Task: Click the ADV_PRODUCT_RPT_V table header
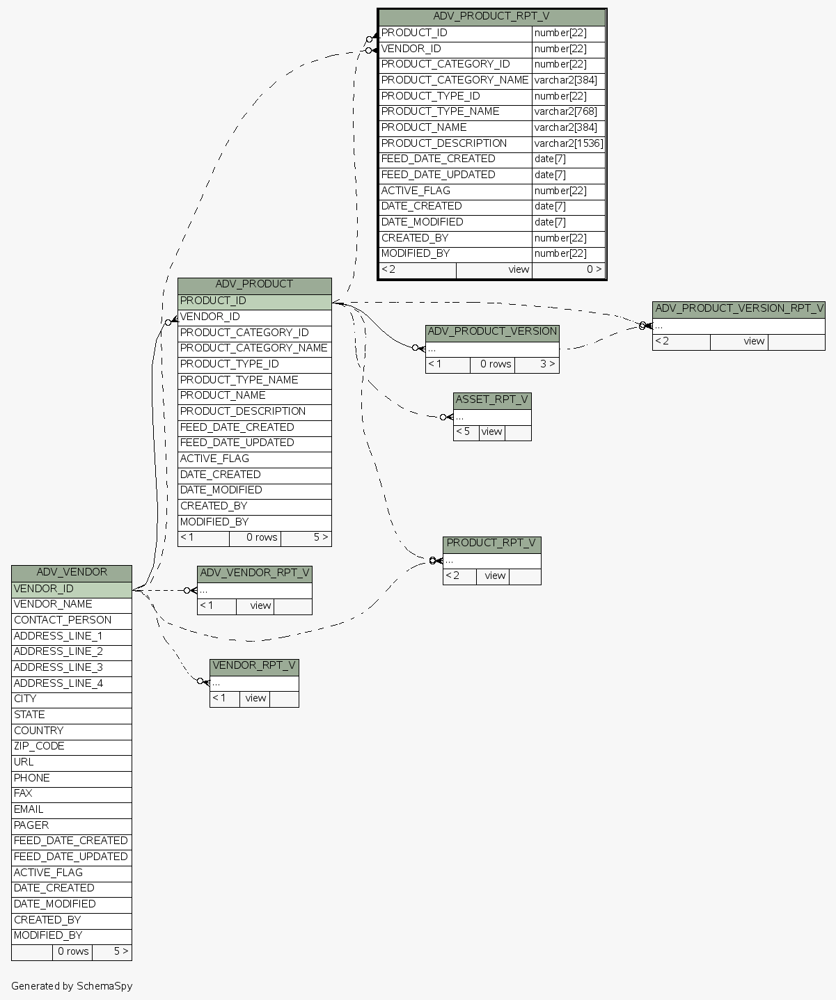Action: (491, 17)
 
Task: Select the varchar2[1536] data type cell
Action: (569, 143)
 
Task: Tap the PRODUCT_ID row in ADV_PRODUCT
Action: (254, 301)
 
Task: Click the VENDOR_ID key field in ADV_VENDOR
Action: (71, 589)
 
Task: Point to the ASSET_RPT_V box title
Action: (492, 400)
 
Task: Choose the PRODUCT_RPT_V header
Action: (491, 543)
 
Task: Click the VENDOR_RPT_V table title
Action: (254, 666)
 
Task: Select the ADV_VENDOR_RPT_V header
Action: (254, 573)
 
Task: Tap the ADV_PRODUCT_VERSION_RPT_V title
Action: (739, 308)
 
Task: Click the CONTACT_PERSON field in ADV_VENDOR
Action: (71, 620)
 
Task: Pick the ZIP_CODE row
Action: (71, 746)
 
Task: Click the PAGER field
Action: (71, 825)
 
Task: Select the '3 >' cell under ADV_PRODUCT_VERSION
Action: (537, 365)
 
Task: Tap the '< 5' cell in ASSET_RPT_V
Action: (466, 432)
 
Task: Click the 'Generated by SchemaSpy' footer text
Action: (72, 986)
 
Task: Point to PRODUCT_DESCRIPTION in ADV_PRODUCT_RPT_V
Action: (455, 143)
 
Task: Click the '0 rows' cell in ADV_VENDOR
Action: (72, 952)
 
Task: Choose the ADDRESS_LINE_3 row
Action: (71, 667)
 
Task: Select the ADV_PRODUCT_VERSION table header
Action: (492, 332)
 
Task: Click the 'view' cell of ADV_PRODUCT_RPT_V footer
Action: (494, 270)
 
